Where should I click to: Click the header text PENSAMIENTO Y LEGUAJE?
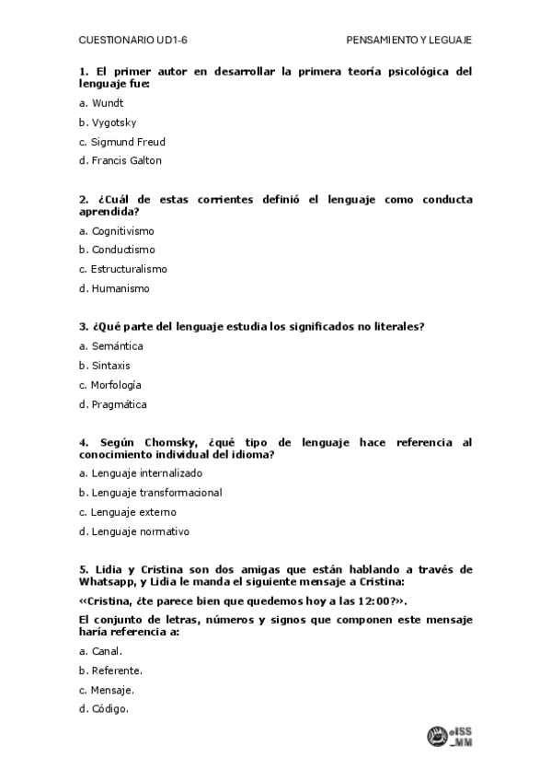(x=408, y=41)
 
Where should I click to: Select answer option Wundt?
(x=107, y=103)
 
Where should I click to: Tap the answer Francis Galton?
(x=126, y=160)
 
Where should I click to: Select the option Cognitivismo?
(x=122, y=230)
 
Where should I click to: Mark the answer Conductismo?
(x=123, y=250)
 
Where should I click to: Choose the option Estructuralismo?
(x=129, y=269)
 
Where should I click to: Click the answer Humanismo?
(x=120, y=288)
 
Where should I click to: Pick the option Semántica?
(x=117, y=346)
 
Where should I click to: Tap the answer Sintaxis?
(x=110, y=366)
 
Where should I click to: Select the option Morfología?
(x=116, y=385)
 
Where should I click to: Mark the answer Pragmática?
(x=119, y=404)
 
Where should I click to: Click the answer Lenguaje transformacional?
(x=156, y=492)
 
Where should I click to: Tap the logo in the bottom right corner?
(x=448, y=737)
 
